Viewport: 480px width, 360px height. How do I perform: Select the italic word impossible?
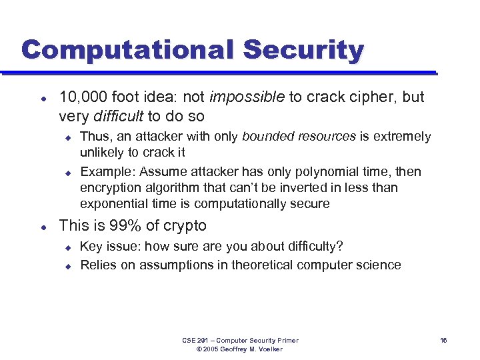click(247, 97)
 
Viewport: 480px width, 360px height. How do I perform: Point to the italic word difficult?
click(117, 117)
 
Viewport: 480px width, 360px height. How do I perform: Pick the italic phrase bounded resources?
click(299, 137)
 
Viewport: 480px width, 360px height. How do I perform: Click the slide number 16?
click(443, 341)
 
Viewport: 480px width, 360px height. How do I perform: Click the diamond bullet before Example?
click(68, 173)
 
